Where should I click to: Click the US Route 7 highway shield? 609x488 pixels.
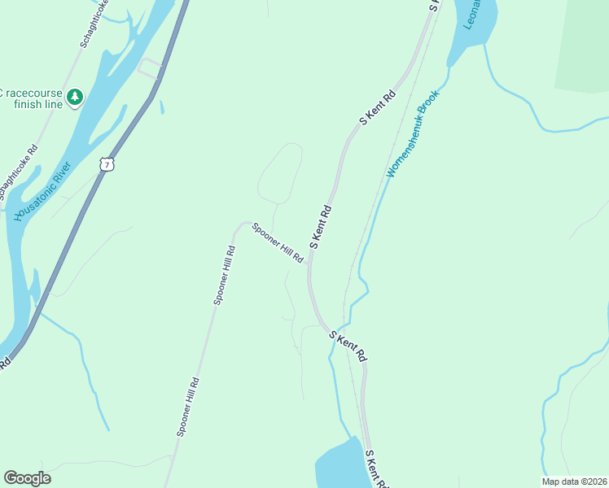[x=107, y=164]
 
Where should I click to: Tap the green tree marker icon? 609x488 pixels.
[x=75, y=98]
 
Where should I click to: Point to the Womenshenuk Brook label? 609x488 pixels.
[x=413, y=133]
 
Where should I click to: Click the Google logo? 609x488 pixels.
[x=27, y=478]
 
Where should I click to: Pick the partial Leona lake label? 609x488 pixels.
[x=471, y=15]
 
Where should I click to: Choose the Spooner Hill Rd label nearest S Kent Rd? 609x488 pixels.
[x=278, y=242]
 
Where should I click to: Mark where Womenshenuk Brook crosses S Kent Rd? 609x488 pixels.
[x=333, y=334]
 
